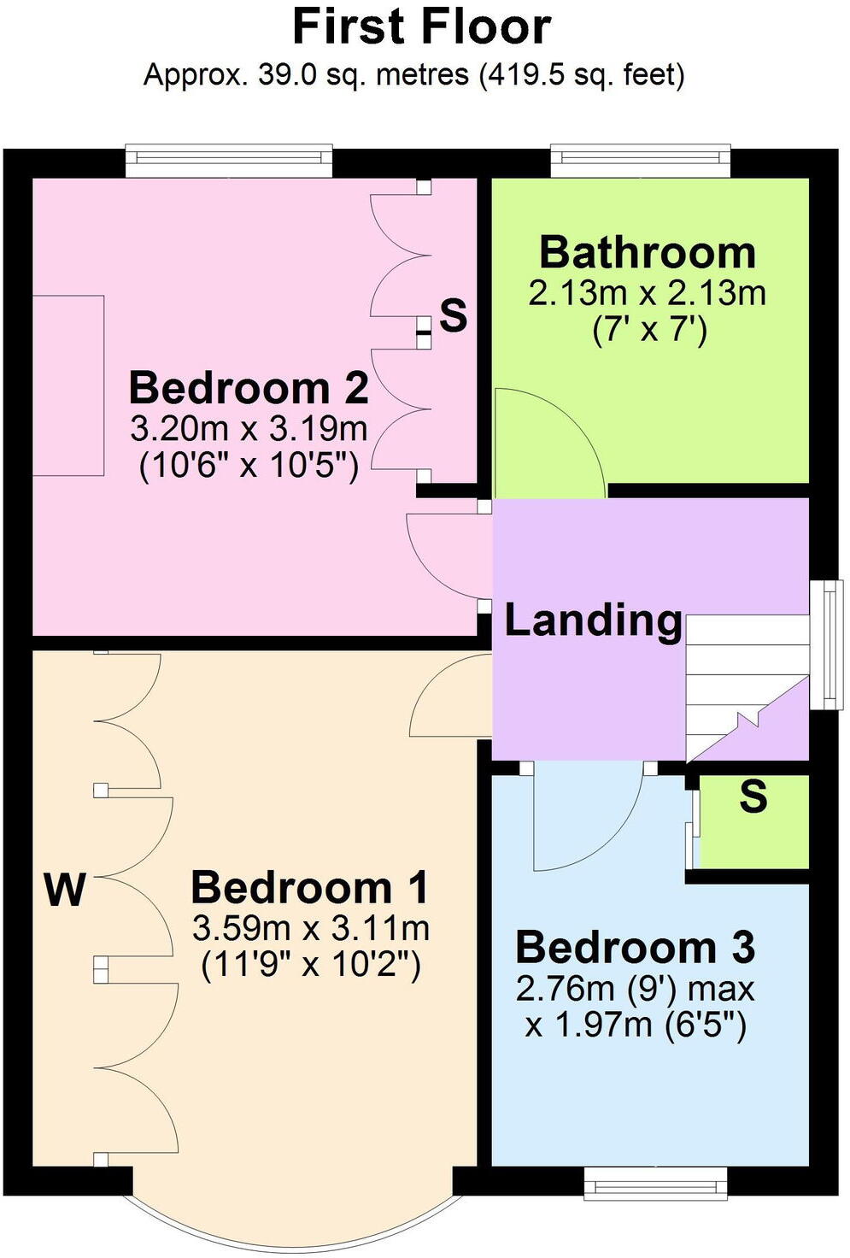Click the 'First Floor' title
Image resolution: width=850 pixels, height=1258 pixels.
coord(422,27)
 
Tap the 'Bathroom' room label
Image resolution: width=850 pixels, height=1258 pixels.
coord(648,253)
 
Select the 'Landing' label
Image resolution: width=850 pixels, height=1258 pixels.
coord(593,620)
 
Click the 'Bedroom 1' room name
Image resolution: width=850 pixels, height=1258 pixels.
coord(309,888)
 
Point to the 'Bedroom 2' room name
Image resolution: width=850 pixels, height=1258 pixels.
coord(249,388)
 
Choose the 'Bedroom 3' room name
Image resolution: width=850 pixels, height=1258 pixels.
coord(636,948)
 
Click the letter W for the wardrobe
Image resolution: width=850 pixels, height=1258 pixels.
coord(65,891)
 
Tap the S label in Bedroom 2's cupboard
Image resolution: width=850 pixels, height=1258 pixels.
coord(454,315)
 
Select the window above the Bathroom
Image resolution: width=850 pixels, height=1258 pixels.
coord(641,161)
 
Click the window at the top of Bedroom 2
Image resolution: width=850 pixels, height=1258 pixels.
coord(229,161)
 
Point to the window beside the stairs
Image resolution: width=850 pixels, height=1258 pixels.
coord(826,644)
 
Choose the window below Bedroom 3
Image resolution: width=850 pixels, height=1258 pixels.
coord(655,1183)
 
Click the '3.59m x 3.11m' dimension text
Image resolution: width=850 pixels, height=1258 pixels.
coord(311,927)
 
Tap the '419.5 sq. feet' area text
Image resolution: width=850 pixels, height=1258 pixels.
coord(583,75)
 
